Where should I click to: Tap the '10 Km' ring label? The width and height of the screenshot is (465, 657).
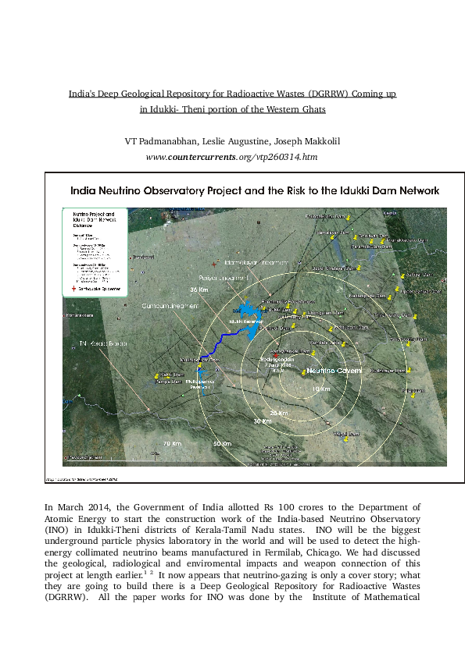[x=316, y=388]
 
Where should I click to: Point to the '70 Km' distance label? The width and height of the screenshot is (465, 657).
[x=172, y=444]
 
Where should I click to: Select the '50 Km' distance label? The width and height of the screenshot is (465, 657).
[x=223, y=444]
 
